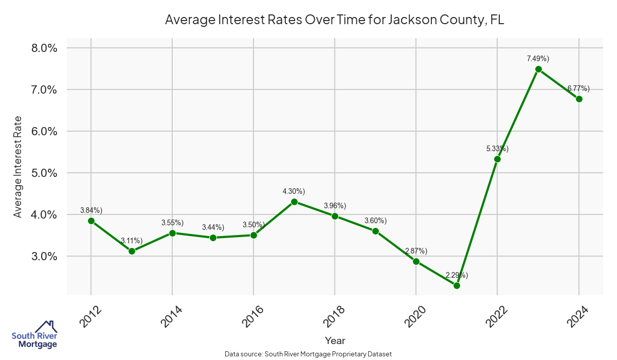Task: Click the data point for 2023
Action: coord(538,69)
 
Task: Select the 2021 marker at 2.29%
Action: coord(457,285)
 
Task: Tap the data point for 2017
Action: coord(294,202)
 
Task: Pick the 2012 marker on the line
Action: coord(91,221)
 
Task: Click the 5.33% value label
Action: coord(497,149)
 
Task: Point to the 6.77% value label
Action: coord(578,88)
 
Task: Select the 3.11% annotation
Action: coord(132,241)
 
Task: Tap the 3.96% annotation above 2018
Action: coord(335,206)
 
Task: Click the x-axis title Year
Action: coord(335,340)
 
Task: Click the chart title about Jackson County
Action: coord(335,20)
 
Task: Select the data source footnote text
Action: coord(308,354)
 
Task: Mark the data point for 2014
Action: coord(172,233)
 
